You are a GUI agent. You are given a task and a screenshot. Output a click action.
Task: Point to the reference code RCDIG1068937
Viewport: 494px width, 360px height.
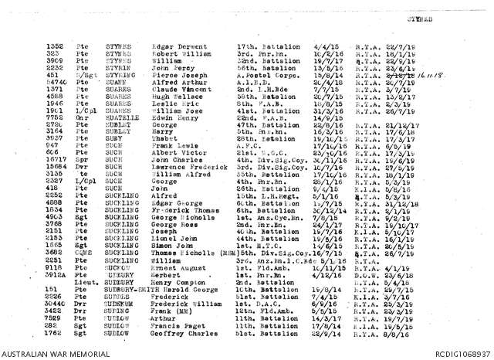pyautogui.click(x=464, y=354)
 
